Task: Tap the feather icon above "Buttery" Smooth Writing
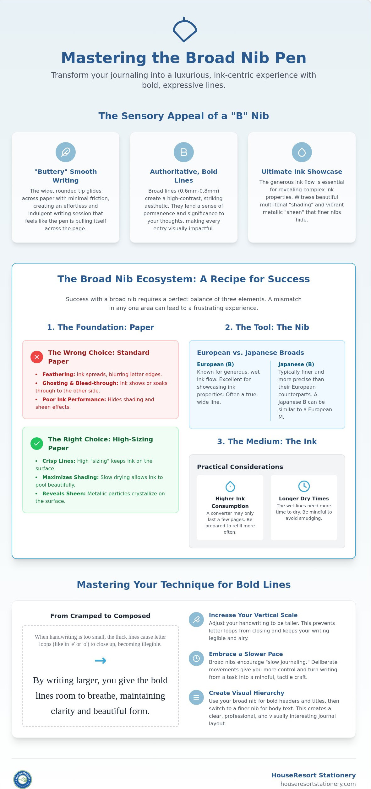[66, 152]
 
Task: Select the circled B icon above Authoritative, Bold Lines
[184, 152]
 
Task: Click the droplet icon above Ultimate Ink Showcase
[302, 152]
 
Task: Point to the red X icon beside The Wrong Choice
[37, 357]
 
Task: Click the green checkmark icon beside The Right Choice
[37, 444]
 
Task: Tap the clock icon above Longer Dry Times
[304, 486]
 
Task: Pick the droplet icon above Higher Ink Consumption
[230, 486]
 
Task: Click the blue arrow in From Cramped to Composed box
[101, 661]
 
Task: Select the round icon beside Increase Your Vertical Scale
[196, 620]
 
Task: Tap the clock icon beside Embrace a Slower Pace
[196, 658]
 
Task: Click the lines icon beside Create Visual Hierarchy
[196, 697]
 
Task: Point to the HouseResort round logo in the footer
[23, 779]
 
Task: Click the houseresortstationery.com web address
[318, 784]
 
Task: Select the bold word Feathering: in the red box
[59, 374]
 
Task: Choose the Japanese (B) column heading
[296, 364]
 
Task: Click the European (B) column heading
[216, 364]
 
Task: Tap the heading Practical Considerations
[240, 467]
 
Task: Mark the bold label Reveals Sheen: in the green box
[64, 493]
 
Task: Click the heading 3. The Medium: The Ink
[267, 441]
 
